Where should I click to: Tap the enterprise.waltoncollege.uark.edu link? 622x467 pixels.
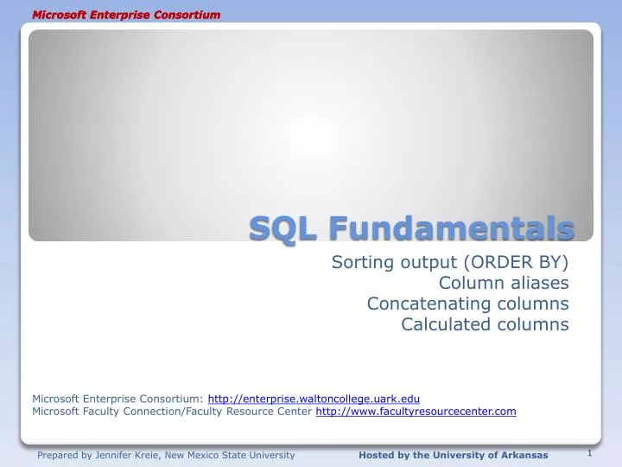314,399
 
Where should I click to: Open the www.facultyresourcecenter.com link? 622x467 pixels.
416,412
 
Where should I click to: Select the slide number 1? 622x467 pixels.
589,452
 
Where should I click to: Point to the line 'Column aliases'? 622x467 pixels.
504,284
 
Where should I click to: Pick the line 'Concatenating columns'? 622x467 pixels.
467,304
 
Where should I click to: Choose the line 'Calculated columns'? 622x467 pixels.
485,325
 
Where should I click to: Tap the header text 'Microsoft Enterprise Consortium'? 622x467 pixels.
126,15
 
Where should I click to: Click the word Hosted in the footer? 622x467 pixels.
377,455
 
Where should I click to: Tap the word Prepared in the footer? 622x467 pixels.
57,455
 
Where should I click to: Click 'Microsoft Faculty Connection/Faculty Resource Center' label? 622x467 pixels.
172,412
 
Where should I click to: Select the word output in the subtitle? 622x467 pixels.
430,263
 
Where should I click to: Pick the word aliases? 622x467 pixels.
539,284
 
